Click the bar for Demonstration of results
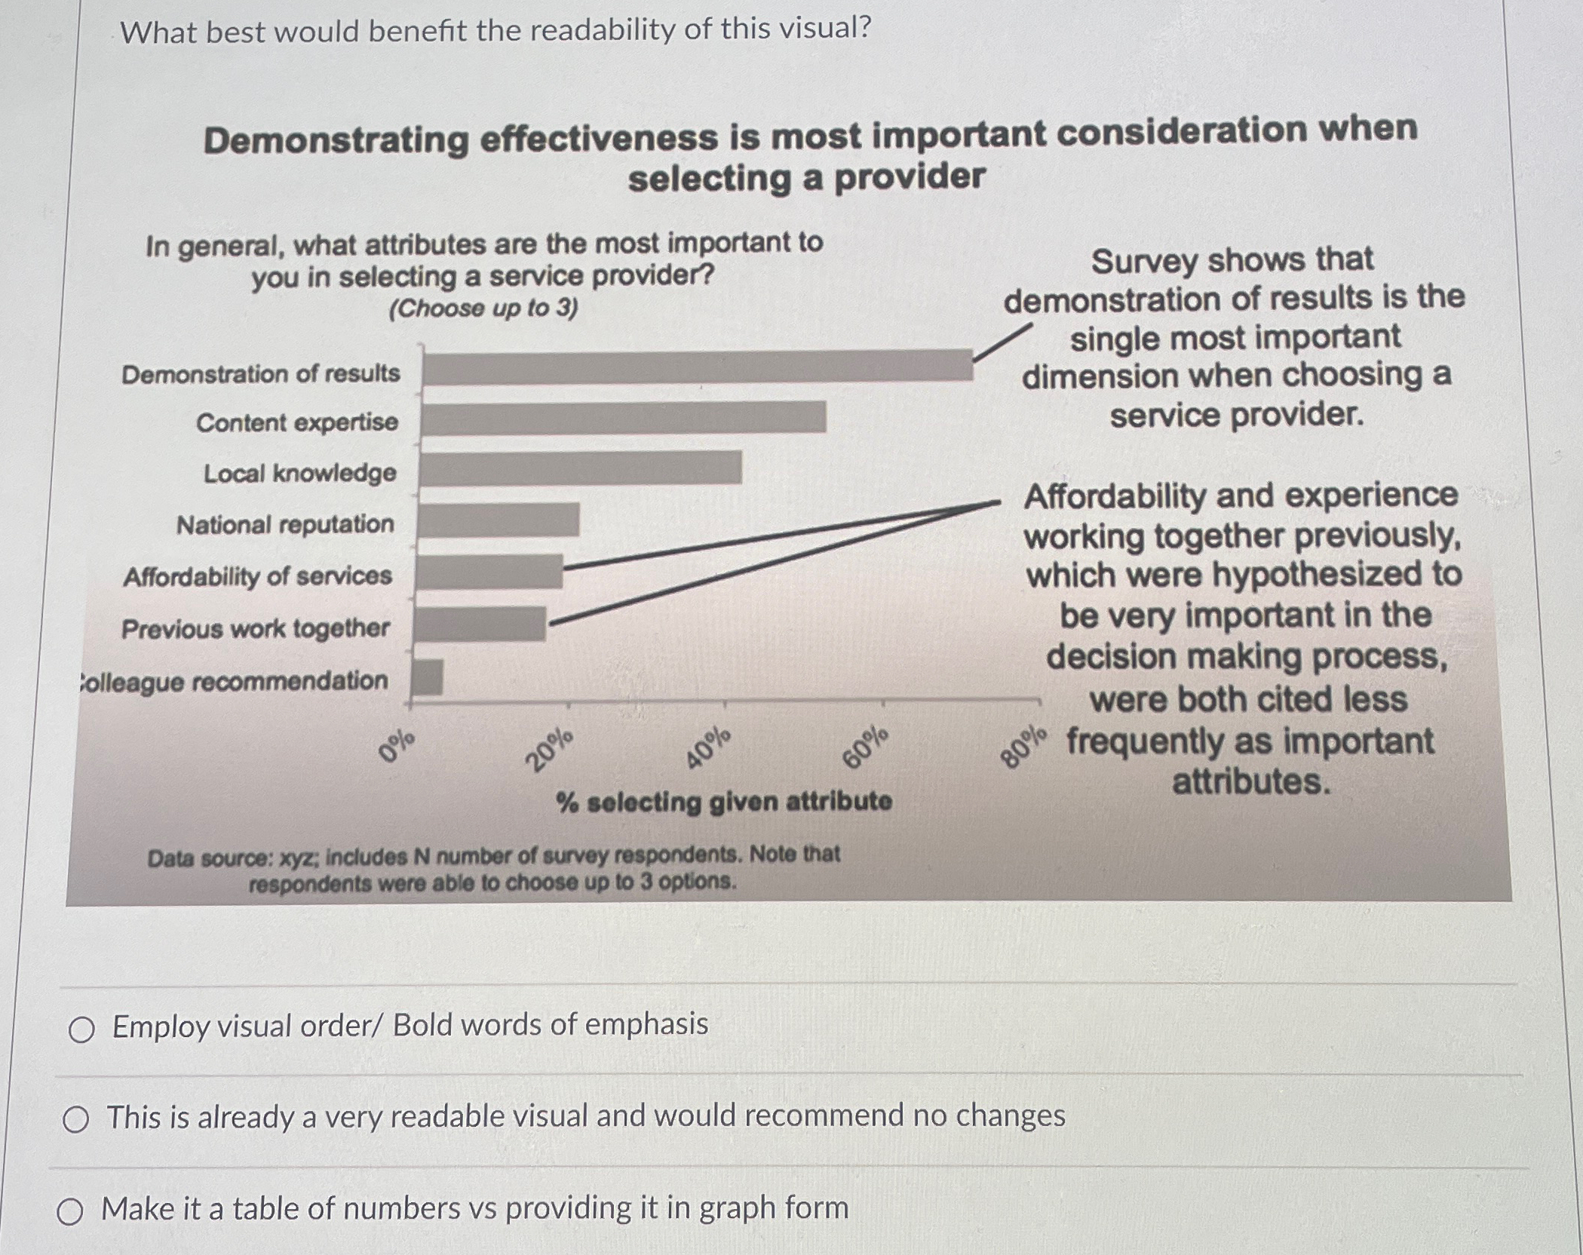[698, 367]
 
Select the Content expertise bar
[624, 418]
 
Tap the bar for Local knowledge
[581, 468]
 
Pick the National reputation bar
[499, 520]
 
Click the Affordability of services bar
[489, 572]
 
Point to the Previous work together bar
[480, 624]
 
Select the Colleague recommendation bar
[428, 677]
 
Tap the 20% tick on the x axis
[550, 750]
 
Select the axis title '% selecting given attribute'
[724, 801]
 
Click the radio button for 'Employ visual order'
[81, 1029]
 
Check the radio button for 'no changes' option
[76, 1120]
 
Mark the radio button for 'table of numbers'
[70, 1212]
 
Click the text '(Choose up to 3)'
[483, 308]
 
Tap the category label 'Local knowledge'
[299, 474]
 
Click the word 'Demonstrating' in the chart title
[336, 140]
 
